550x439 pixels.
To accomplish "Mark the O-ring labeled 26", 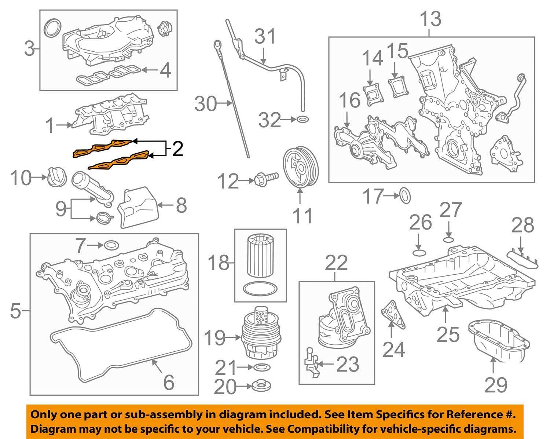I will point(418,252).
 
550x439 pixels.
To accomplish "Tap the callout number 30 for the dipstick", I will point(206,104).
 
